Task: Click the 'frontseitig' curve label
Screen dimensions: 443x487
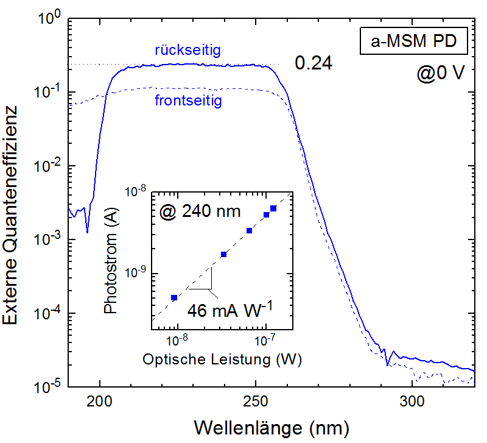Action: [189, 101]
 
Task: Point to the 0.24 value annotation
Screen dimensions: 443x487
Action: [314, 63]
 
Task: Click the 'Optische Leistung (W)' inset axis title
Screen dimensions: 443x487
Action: [223, 360]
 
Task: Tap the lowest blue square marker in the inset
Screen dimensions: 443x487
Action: [174, 297]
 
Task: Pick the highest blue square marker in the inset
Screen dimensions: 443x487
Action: [273, 208]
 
